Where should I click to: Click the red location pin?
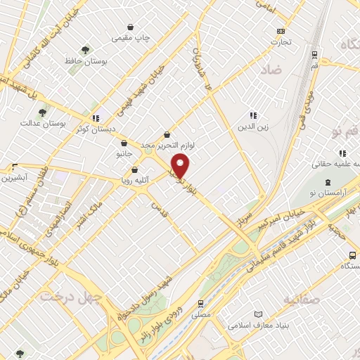click(x=181, y=166)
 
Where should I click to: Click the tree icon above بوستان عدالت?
click(x=43, y=112)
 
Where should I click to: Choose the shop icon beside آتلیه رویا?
click(x=134, y=169)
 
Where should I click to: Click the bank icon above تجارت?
click(x=281, y=31)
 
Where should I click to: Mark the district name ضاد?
click(x=273, y=69)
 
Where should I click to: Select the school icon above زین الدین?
click(x=253, y=116)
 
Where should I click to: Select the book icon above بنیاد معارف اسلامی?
click(x=258, y=314)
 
